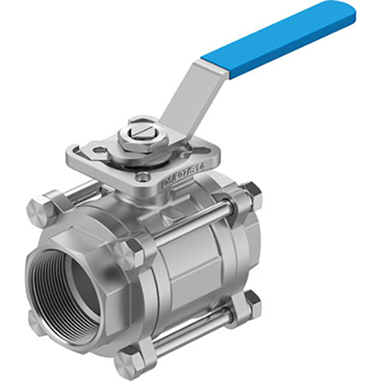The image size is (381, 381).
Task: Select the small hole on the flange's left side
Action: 98,150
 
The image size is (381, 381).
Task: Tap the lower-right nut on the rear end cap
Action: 252,302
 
